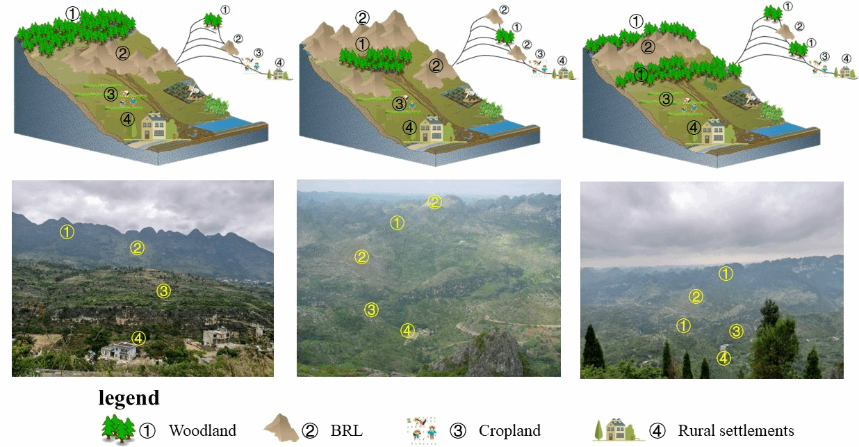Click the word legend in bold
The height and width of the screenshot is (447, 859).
(129, 398)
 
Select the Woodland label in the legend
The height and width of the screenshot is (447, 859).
(202, 430)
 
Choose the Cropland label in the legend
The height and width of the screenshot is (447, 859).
(509, 430)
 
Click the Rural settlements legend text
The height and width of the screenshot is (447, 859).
(736, 430)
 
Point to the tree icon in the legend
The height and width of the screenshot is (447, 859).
(117, 428)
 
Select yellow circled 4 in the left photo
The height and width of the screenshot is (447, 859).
(138, 338)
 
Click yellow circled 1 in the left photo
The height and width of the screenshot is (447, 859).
(67, 231)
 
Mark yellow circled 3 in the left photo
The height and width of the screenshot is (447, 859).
(163, 291)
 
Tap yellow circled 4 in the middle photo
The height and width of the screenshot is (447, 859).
(407, 331)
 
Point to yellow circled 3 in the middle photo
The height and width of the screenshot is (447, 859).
(372, 309)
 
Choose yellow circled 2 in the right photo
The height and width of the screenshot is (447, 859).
(695, 297)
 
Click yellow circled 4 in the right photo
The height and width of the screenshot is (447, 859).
(723, 358)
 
